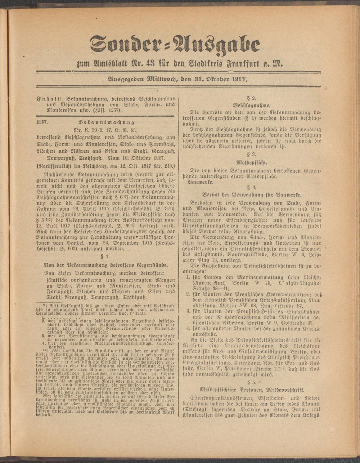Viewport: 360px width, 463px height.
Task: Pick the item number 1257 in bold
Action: [x=42, y=123]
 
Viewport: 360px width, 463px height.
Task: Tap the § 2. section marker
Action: [x=251, y=98]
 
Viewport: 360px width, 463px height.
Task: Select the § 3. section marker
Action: [x=251, y=154]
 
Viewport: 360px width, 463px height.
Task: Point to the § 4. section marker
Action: [x=251, y=188]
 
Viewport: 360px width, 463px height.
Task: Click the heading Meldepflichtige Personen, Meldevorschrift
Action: [x=252, y=390]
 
